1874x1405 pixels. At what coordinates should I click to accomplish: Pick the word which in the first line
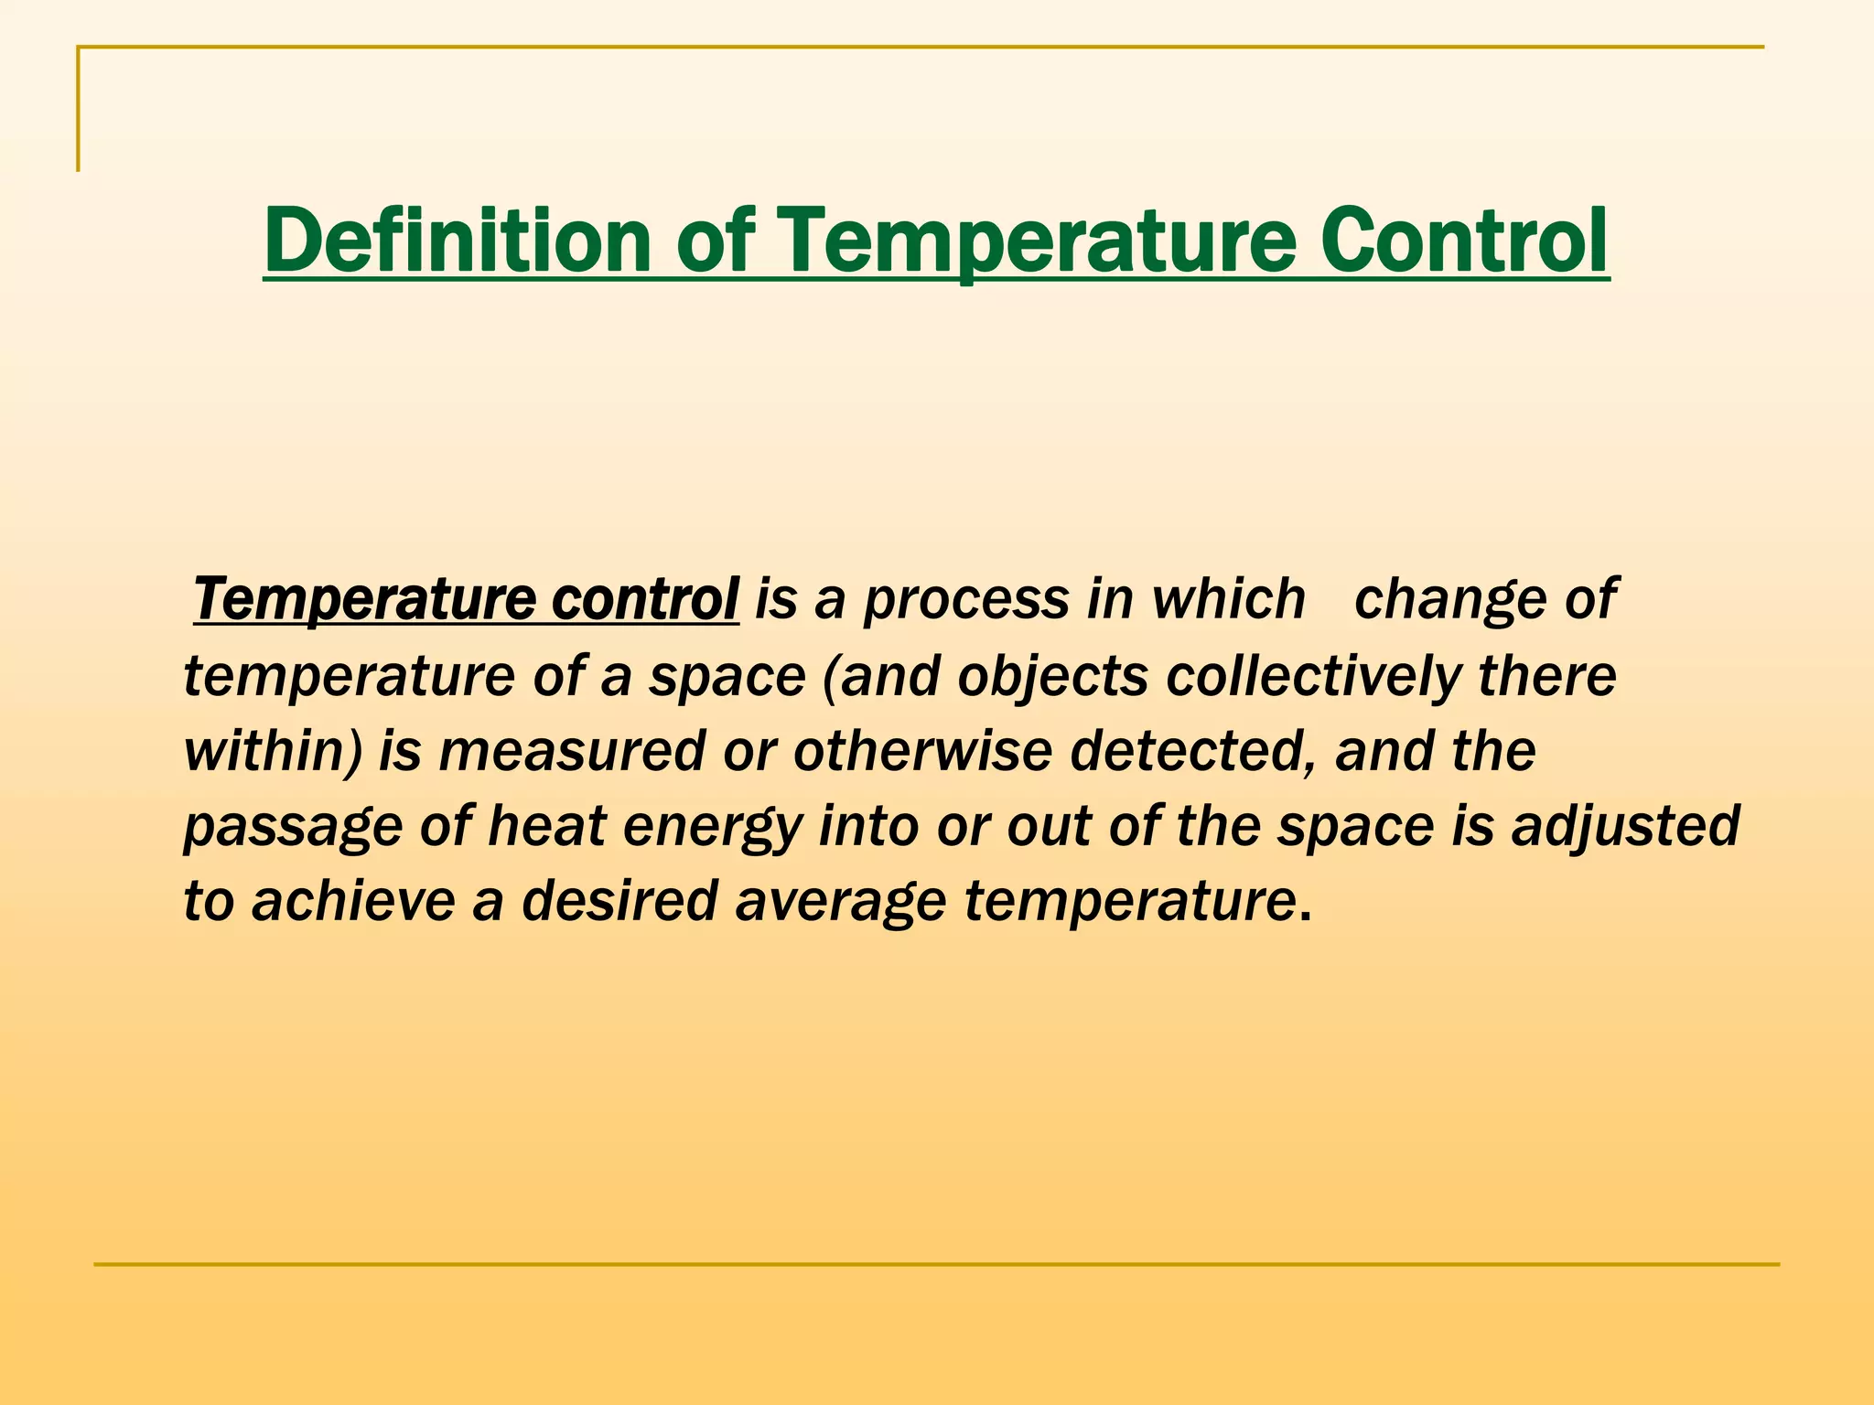point(1228,599)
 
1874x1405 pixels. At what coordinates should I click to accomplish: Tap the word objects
point(1052,677)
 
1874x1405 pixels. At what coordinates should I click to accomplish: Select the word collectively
point(1313,677)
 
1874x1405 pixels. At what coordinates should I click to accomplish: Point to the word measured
point(572,751)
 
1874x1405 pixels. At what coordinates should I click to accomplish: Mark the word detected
point(1193,751)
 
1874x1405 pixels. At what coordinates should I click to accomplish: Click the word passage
point(293,828)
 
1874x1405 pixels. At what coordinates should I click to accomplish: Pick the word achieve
point(352,900)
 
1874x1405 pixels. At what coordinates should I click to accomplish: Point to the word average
point(840,902)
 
